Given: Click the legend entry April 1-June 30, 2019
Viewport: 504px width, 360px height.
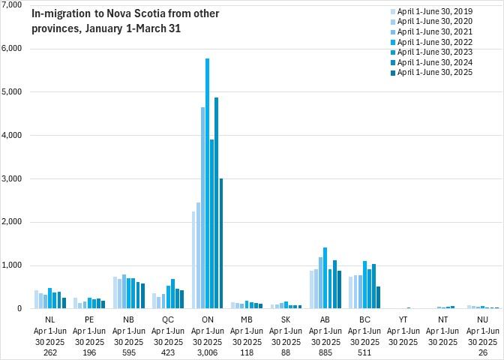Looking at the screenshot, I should (x=430, y=11).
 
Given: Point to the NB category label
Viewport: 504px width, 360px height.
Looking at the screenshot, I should (x=128, y=319).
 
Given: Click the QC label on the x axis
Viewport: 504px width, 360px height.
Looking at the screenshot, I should (x=168, y=319).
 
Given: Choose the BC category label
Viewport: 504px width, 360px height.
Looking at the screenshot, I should (x=364, y=319).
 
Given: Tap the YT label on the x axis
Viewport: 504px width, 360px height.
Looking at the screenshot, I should (x=403, y=319).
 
